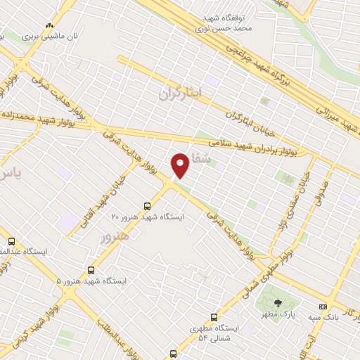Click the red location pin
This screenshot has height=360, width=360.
point(180,165)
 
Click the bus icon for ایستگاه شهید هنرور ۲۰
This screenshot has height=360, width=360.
point(147,206)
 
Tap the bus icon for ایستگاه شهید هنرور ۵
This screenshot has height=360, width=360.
point(91,270)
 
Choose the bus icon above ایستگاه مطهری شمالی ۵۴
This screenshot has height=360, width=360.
point(214,317)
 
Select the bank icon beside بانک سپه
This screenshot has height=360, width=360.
point(323,307)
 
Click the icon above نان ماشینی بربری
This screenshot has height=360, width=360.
point(49,23)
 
